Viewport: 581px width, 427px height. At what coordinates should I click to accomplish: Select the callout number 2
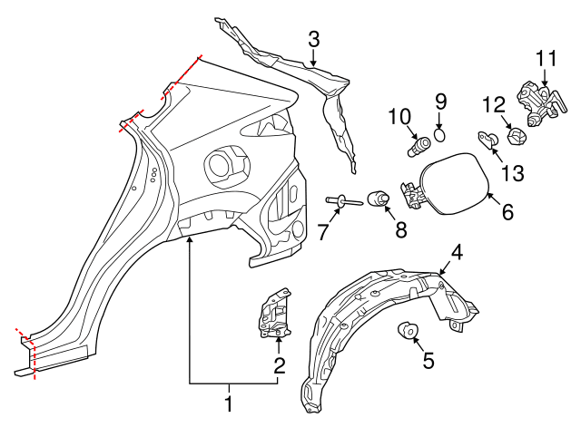click(x=279, y=365)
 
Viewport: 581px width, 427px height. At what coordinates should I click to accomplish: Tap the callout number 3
click(x=313, y=39)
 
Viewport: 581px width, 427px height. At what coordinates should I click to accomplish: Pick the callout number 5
click(x=428, y=360)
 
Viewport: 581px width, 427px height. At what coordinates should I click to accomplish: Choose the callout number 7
click(x=323, y=231)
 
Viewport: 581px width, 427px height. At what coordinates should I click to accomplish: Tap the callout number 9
click(x=440, y=101)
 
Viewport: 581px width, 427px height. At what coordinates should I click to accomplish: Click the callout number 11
click(x=544, y=59)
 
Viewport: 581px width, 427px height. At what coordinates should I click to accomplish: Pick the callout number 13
click(x=512, y=171)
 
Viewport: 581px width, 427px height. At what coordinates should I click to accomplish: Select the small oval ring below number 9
click(x=440, y=136)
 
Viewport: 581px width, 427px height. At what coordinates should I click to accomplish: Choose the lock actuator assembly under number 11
click(x=535, y=102)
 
